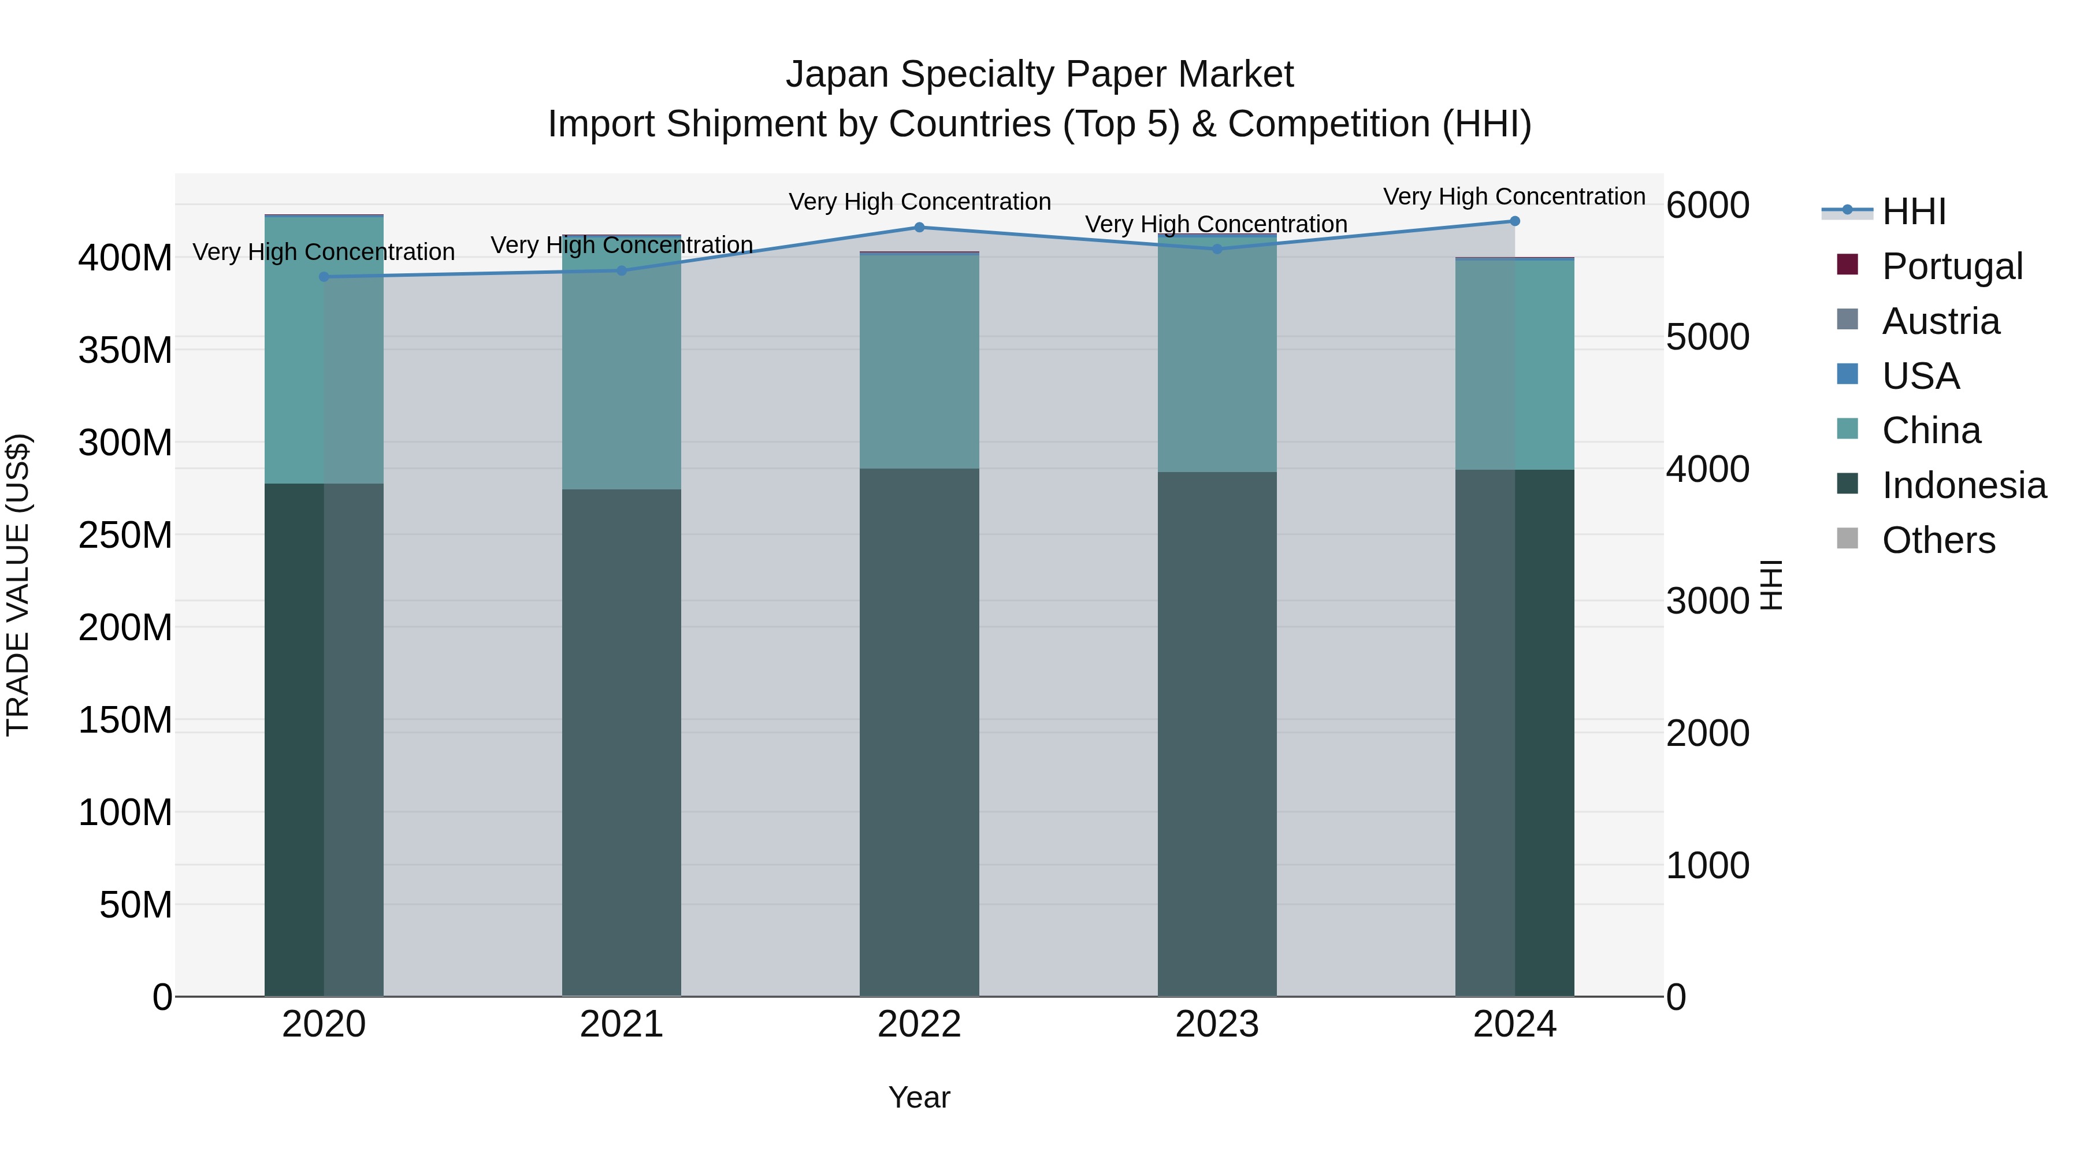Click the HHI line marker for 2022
click(919, 228)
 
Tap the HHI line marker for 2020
click(324, 277)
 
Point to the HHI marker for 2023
click(1217, 248)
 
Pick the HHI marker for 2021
click(622, 270)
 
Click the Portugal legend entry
click(1952, 266)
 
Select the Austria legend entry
click(1940, 321)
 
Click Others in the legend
click(1938, 540)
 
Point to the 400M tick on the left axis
click(125, 258)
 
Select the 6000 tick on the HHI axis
click(1708, 205)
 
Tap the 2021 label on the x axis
click(622, 1024)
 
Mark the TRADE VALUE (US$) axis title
click(18, 585)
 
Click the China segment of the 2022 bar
click(919, 361)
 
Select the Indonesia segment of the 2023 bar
click(1217, 733)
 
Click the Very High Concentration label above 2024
click(1514, 196)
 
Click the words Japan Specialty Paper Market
click(1039, 75)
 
